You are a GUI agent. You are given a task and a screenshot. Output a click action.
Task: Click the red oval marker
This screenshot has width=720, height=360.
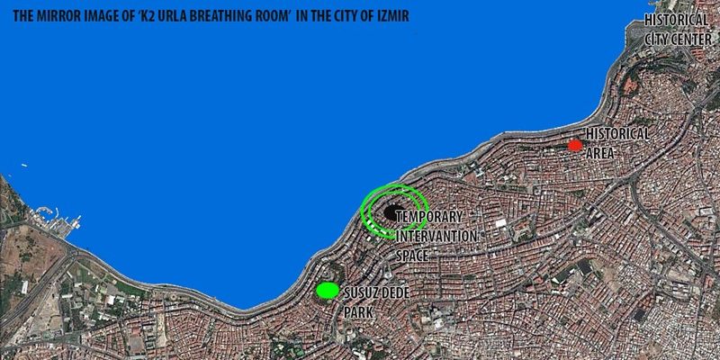(574, 146)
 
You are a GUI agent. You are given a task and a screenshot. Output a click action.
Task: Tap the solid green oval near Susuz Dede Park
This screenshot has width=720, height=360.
(328, 290)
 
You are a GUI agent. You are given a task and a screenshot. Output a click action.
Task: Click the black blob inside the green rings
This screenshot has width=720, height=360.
(392, 212)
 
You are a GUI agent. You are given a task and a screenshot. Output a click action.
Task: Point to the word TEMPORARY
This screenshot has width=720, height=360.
(428, 218)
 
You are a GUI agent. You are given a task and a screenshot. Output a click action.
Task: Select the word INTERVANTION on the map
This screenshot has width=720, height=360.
(436, 237)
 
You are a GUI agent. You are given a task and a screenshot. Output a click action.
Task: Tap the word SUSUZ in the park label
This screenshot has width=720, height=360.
(358, 292)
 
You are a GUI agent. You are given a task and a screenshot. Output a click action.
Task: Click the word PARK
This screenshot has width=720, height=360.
(357, 310)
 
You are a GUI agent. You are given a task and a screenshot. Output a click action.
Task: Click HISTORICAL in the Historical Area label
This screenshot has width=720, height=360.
(617, 133)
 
